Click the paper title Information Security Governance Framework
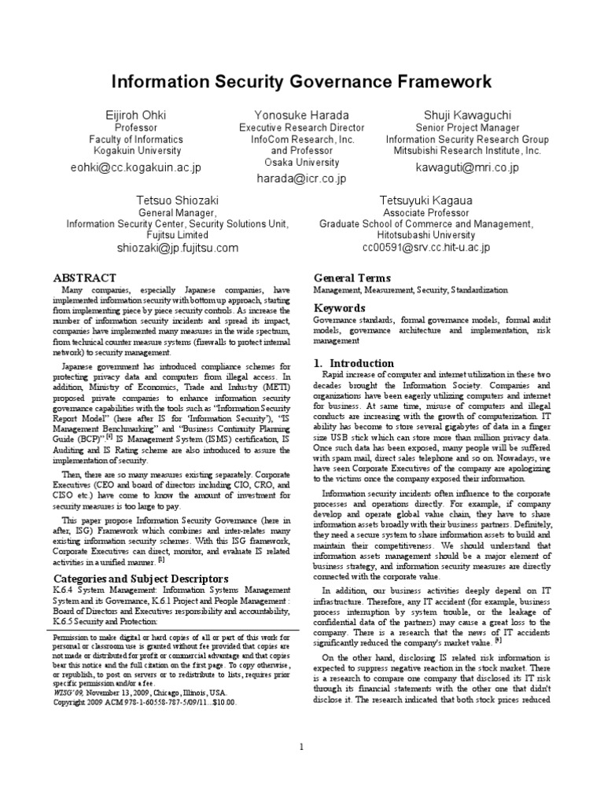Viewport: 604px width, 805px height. pos(301,82)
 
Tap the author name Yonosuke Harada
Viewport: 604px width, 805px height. pos(301,115)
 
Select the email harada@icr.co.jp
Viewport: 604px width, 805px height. pos(301,178)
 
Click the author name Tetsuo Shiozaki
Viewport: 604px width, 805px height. pos(177,200)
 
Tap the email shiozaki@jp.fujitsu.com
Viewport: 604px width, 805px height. pos(177,248)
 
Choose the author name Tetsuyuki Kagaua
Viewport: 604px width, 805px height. pos(425,200)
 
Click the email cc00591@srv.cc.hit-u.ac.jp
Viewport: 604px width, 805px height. pos(425,248)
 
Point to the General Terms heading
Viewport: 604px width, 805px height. pos(352,278)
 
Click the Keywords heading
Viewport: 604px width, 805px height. pos(340,308)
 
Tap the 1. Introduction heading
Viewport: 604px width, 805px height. pos(354,363)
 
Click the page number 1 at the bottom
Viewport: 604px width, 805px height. pos(301,747)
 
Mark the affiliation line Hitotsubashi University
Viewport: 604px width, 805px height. pos(425,235)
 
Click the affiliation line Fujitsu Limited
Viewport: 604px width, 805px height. pos(177,235)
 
